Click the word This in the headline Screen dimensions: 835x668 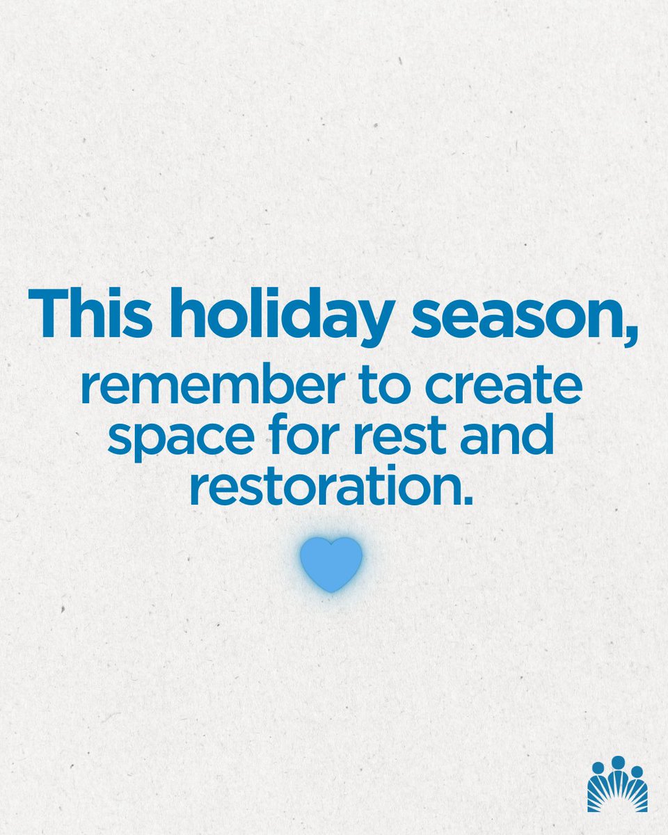(x=97, y=316)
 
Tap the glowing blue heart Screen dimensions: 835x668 (x=331, y=562)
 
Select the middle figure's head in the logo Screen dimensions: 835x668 (x=618, y=762)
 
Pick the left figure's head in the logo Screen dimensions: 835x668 (x=598, y=768)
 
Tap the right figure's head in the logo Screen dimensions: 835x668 (x=637, y=770)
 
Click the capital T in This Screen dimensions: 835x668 (x=49, y=316)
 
